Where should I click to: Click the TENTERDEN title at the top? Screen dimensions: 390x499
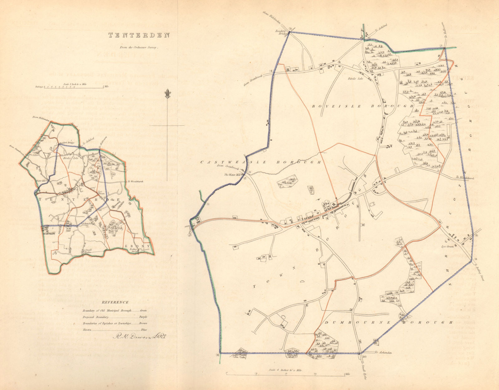click(x=139, y=35)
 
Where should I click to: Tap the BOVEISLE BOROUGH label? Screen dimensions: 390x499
click(x=363, y=106)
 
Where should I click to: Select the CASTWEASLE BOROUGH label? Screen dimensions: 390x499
click(x=260, y=162)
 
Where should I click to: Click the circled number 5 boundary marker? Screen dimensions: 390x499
click(x=290, y=29)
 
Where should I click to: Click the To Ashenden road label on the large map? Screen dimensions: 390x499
click(x=383, y=352)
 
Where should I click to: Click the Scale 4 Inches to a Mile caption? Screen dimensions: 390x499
click(x=286, y=370)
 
